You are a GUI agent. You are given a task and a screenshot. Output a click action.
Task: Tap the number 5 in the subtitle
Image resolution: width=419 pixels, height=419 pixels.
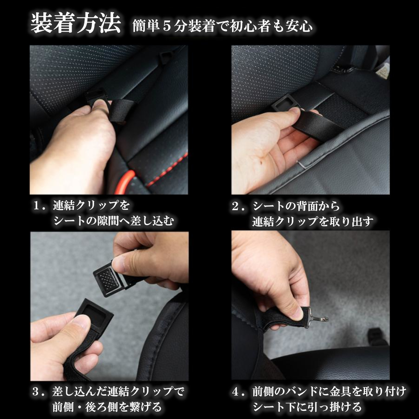tap(167, 27)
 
